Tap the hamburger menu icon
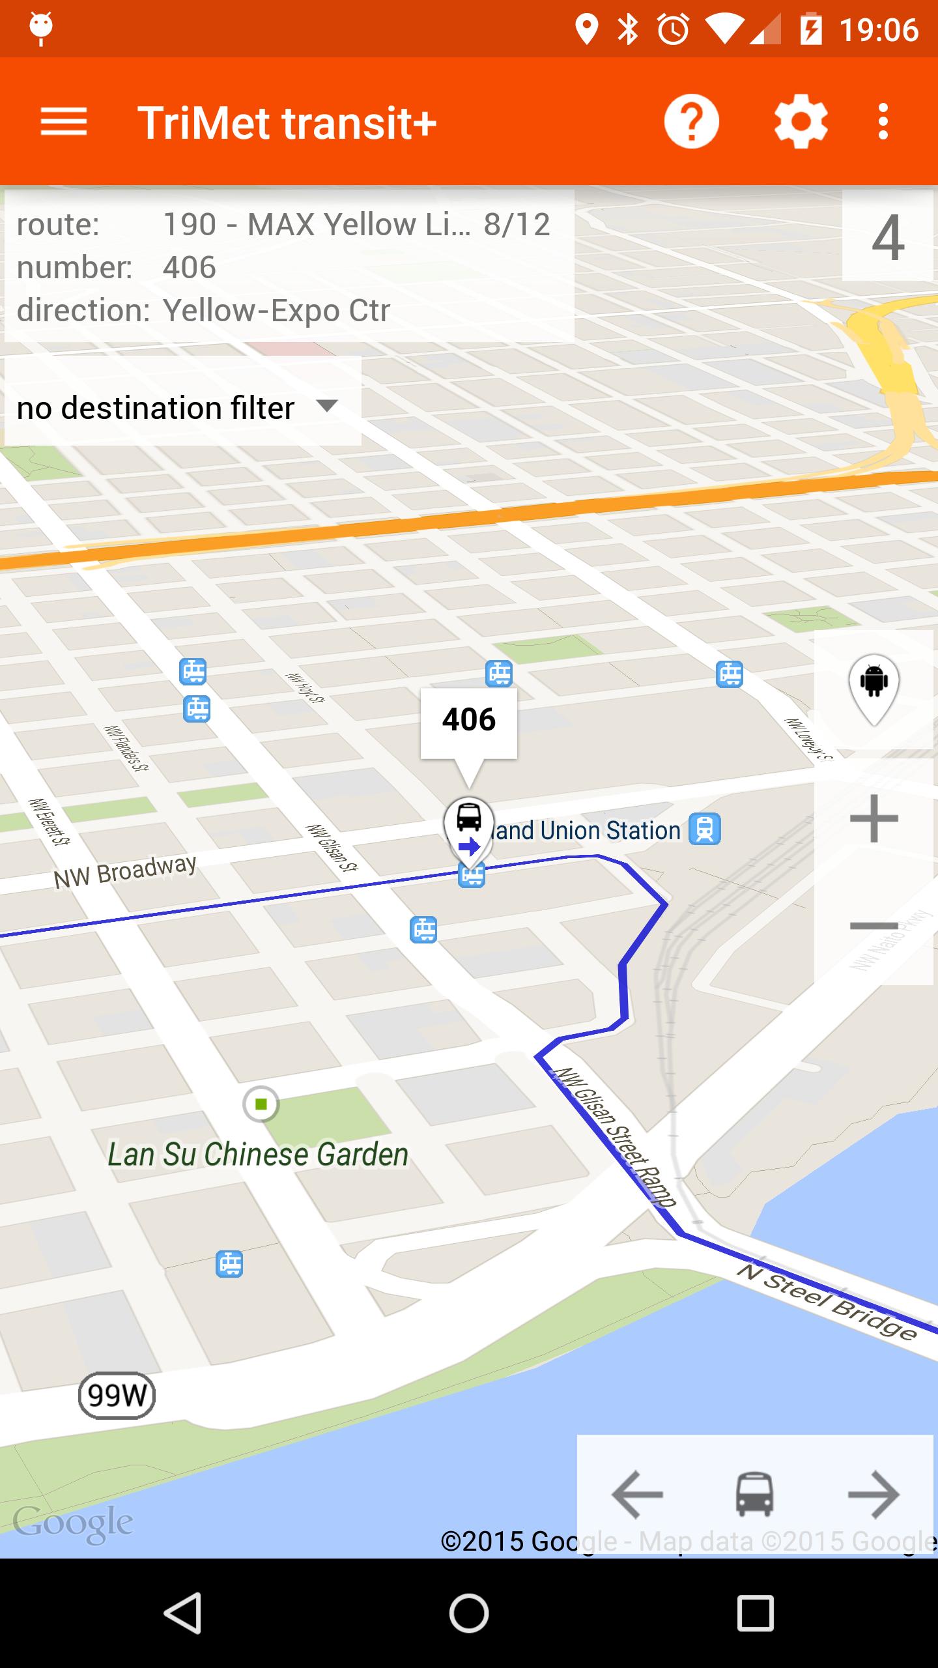(63, 122)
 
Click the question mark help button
(691, 122)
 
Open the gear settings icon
(801, 122)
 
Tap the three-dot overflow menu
(883, 122)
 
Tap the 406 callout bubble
(469, 721)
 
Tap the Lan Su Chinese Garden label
(258, 1155)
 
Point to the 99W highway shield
(117, 1395)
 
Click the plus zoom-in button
(874, 818)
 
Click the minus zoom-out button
(874, 926)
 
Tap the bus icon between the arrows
(754, 1494)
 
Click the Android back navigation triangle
(182, 1613)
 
